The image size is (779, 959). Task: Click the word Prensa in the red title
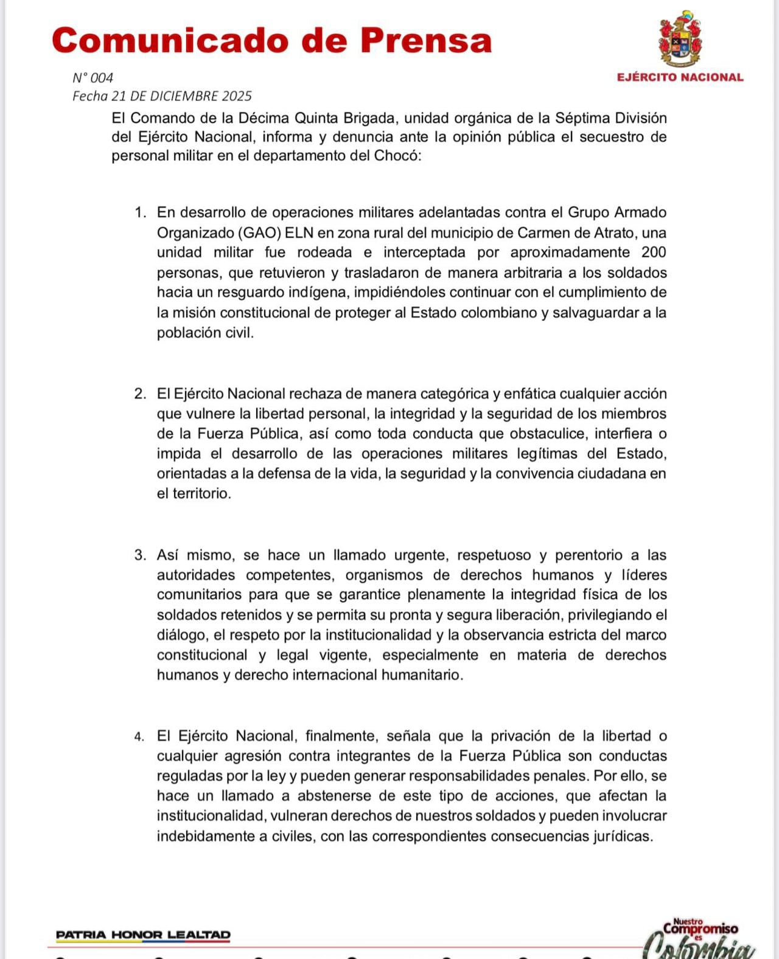point(425,41)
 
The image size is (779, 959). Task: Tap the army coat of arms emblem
point(680,39)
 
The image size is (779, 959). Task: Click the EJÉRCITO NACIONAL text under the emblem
point(680,77)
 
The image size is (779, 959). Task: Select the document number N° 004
point(93,78)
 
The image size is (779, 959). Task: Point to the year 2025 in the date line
point(237,96)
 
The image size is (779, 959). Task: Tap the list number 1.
point(140,213)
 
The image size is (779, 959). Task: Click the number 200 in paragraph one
point(654,253)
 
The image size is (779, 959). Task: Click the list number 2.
point(140,394)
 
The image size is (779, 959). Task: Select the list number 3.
point(140,555)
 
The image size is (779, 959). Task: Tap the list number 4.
point(139,737)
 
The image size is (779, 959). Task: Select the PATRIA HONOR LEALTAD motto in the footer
point(143,935)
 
